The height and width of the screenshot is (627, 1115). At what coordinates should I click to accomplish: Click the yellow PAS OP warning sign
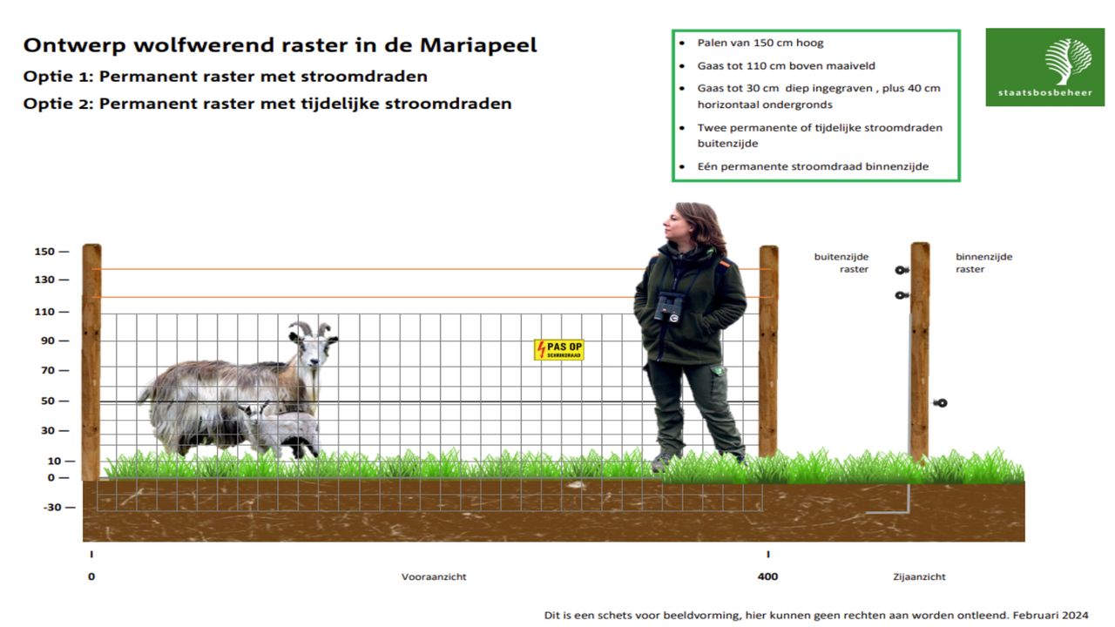click(558, 350)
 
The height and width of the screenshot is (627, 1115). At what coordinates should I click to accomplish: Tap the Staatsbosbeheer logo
click(1044, 67)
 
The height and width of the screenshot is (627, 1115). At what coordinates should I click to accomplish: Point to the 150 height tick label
click(44, 252)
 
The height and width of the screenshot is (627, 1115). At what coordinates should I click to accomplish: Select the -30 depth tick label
click(52, 507)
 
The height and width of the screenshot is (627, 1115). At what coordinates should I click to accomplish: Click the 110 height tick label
click(44, 311)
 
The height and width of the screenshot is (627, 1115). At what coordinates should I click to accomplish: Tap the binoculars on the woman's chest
click(669, 305)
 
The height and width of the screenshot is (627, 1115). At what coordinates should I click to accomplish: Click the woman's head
click(691, 226)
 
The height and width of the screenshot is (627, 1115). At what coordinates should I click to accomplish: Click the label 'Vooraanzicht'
click(434, 576)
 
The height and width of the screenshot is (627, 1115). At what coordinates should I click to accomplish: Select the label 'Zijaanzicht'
click(919, 576)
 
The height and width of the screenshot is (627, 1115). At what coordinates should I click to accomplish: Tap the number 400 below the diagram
click(767, 576)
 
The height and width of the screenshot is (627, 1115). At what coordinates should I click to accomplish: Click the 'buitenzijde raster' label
click(841, 263)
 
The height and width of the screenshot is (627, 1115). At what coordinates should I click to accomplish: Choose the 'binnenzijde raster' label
click(983, 263)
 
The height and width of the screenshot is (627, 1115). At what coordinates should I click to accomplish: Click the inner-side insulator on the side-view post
click(940, 403)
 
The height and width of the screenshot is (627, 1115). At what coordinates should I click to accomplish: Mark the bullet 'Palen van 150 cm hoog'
click(760, 43)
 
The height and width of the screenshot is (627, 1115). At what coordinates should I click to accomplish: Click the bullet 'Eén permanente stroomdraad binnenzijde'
click(813, 166)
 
